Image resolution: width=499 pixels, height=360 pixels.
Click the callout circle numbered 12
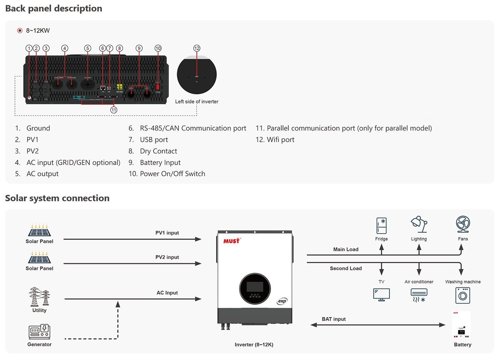coord(197,48)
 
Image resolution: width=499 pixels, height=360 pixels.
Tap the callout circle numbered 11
coord(114,110)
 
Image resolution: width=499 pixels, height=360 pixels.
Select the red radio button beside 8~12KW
coord(20,30)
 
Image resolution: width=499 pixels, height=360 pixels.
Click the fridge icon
coord(381,226)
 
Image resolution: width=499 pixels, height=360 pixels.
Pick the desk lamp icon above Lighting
coord(419,225)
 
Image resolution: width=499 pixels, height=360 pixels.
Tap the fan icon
coord(463,225)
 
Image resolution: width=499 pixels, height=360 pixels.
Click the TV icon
coord(381,294)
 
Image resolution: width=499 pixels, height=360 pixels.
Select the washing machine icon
coord(463,295)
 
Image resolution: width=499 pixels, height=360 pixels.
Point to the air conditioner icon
coord(419,295)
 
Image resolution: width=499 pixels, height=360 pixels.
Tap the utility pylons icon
coord(40,296)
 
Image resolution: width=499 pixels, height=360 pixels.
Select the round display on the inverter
coord(254,288)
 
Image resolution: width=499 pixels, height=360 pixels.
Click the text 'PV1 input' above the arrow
coord(167,233)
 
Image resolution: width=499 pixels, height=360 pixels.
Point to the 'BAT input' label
coord(333,319)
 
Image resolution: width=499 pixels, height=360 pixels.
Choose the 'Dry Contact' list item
coord(158,151)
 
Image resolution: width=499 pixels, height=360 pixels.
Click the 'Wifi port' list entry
coord(280,140)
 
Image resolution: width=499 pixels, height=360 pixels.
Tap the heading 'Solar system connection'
coord(57,198)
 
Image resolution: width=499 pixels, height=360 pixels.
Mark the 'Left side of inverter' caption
coord(197,101)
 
